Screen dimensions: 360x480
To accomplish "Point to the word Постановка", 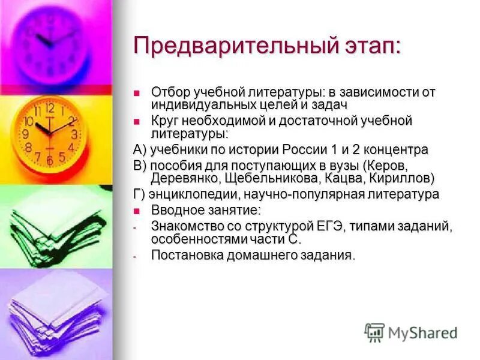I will pos(187,255).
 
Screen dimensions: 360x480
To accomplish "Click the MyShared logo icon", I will pos(374,332).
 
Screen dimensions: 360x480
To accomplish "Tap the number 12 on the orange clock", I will pos(49,109).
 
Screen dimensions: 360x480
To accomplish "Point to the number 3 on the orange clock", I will pos(74,134).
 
